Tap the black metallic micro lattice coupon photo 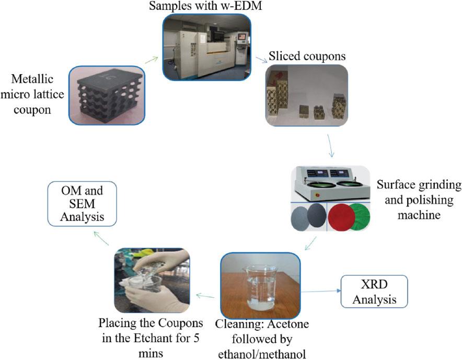[x=107, y=95]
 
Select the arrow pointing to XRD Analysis [x=320, y=291]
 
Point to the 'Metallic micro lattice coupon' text [x=34, y=94]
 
